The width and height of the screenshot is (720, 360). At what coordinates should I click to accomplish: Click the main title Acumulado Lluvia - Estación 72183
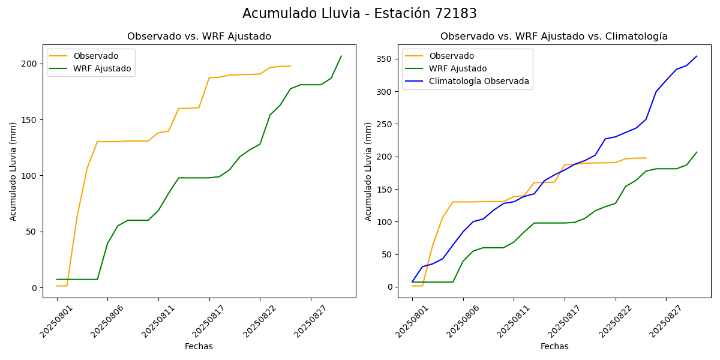coord(359,14)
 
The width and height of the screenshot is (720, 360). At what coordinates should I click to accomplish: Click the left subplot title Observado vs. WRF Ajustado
coord(199,37)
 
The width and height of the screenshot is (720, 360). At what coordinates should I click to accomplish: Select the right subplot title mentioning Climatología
coord(554,37)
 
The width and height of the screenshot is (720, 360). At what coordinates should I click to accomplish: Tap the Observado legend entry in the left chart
coord(96,56)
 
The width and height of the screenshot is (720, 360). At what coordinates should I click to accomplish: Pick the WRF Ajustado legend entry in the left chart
coord(102,68)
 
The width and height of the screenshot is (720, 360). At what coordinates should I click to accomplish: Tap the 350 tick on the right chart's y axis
coord(385,59)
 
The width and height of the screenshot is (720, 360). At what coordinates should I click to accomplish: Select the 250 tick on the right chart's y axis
coord(385,124)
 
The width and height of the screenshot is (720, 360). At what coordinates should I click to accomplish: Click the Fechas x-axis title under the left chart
coord(199,346)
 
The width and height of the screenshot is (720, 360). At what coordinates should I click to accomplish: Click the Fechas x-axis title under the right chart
coord(554,346)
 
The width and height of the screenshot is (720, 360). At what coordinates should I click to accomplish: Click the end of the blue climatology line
coord(697,56)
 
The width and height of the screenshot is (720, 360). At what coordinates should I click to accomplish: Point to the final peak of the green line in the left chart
coord(341,56)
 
